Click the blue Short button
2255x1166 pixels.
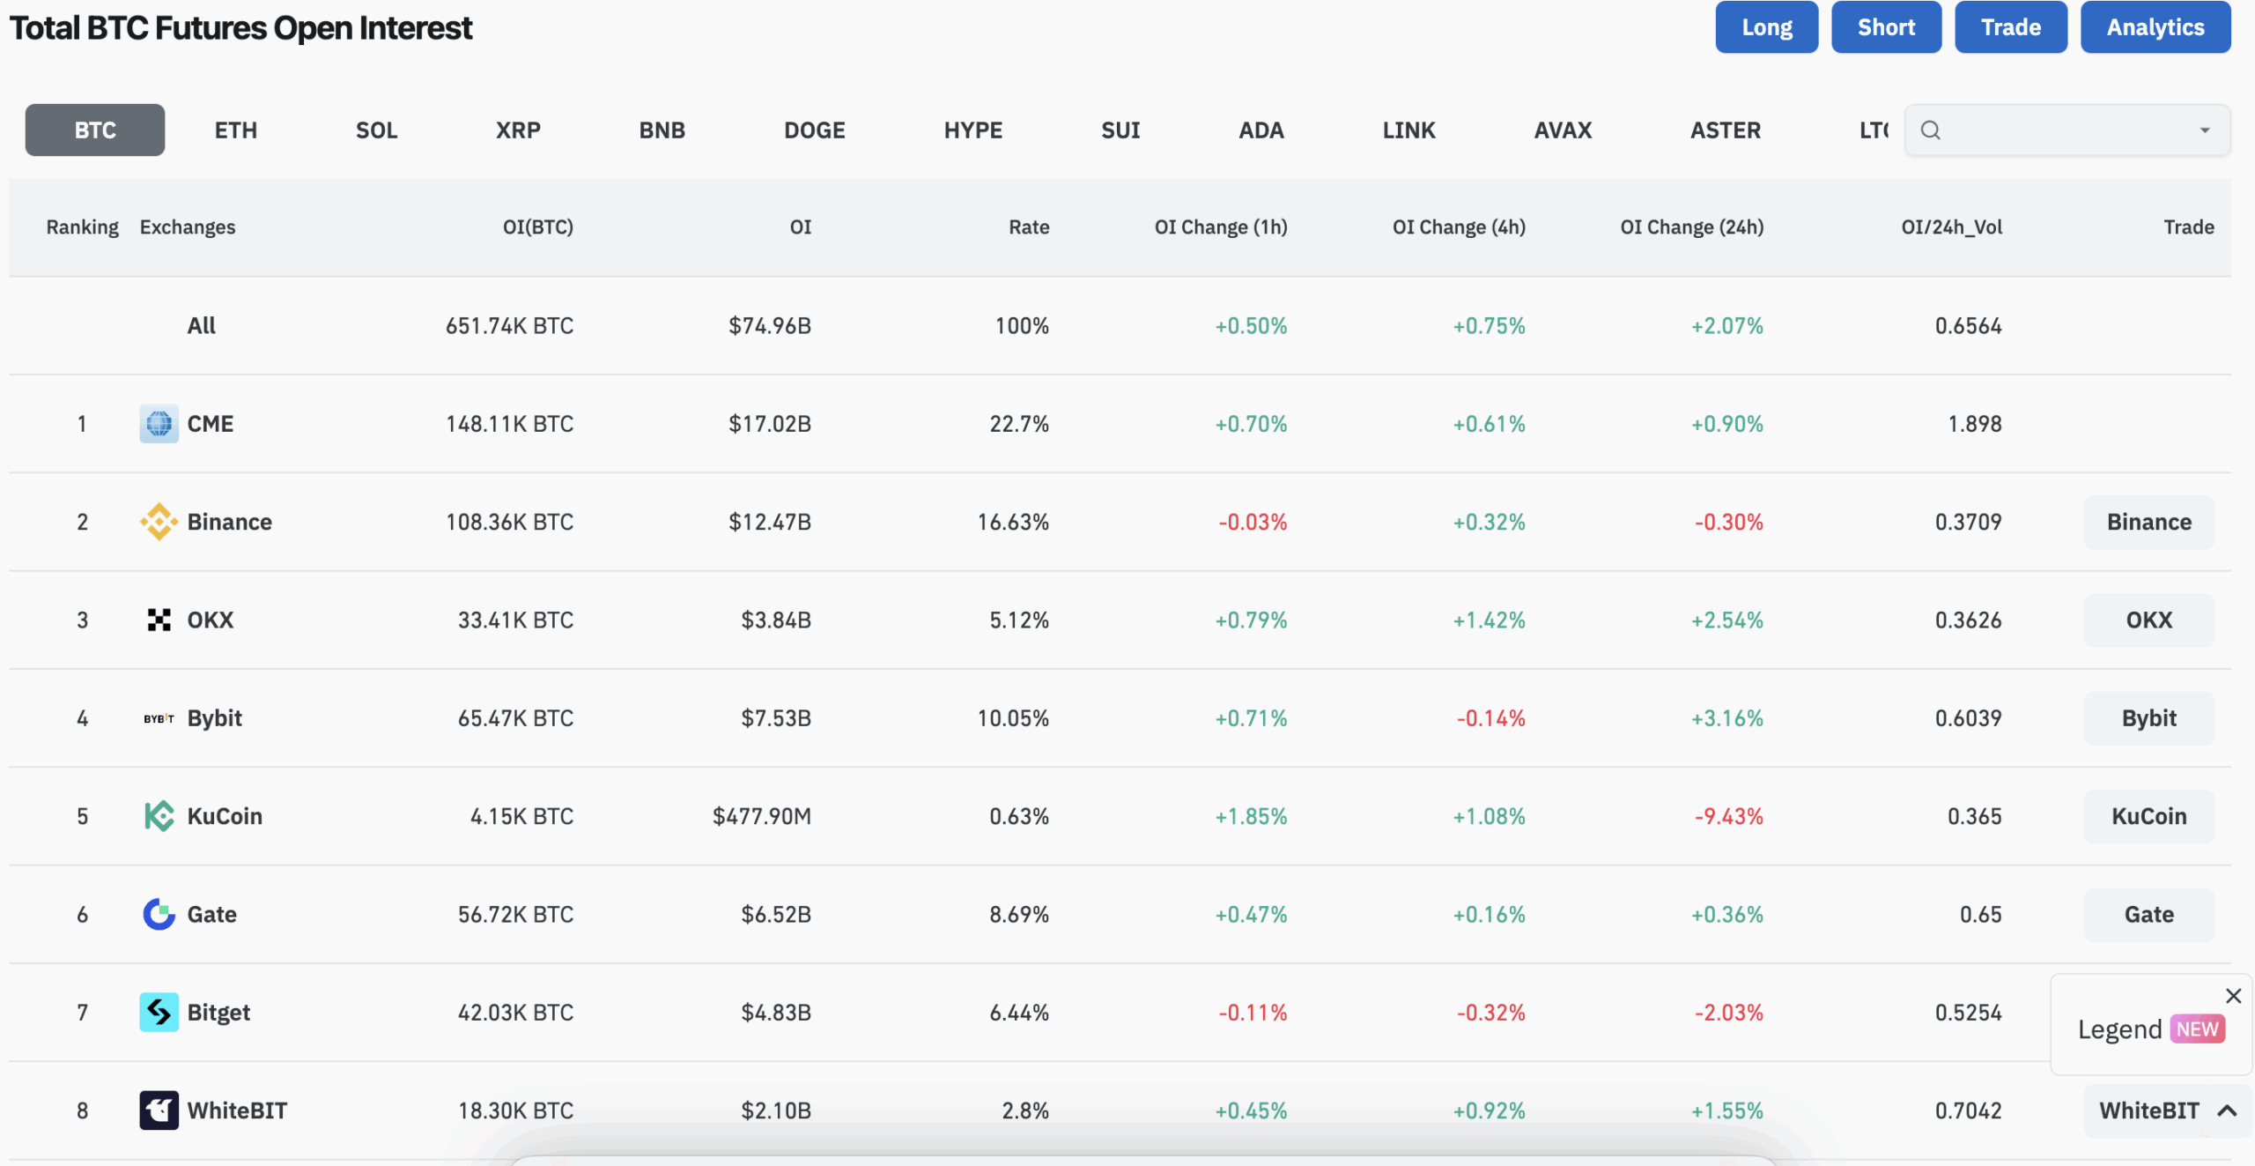click(1886, 27)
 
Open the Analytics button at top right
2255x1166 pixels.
click(2155, 27)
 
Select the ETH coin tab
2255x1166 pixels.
click(236, 130)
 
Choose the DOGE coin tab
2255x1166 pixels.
click(815, 130)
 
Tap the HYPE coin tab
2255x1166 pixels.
click(973, 130)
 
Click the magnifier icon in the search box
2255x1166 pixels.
click(1931, 130)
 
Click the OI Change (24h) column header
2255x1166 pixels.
click(1692, 227)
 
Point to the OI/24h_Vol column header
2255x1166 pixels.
click(1952, 227)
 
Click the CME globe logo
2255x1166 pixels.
click(159, 424)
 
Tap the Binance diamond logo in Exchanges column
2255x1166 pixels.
click(159, 522)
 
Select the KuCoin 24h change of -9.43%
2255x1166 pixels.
click(1729, 816)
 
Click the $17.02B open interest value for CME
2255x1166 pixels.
click(770, 424)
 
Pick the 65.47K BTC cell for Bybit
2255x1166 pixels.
click(515, 718)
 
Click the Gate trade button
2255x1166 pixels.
click(2149, 915)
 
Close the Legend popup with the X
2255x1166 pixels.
click(2234, 996)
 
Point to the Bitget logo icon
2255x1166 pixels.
click(159, 1013)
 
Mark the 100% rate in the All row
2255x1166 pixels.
click(1022, 326)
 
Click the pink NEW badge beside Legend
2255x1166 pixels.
click(2198, 1029)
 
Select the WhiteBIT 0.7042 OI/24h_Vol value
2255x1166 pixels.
click(1969, 1110)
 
